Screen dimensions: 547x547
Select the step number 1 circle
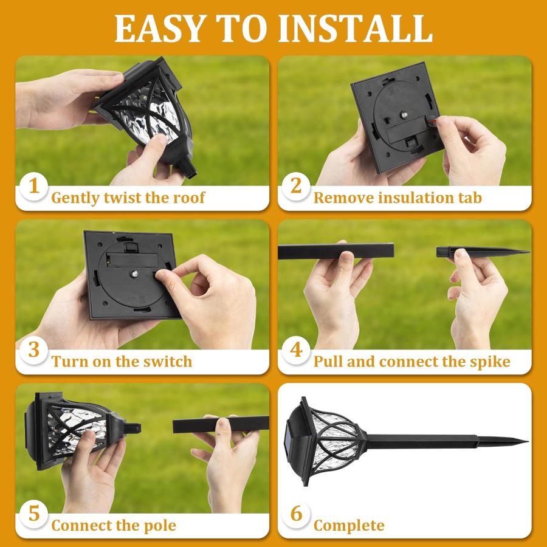point(34,186)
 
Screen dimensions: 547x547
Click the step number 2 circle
point(296,186)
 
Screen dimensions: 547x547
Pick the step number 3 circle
point(34,350)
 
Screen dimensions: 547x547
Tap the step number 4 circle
point(296,350)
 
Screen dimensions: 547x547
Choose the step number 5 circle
point(34,514)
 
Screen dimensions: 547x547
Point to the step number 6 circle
point(296,514)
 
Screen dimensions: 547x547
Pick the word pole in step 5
point(159,526)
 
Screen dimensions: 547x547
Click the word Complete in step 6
point(349,526)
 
